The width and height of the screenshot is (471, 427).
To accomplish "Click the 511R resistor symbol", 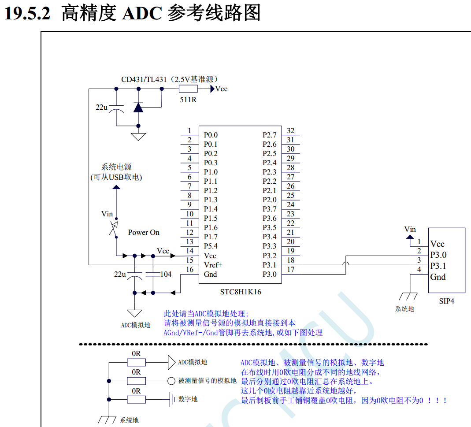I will click(x=188, y=89).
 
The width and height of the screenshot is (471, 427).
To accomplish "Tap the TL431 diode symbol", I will click(x=139, y=107).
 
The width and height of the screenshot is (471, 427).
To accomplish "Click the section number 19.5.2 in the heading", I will click(x=27, y=14).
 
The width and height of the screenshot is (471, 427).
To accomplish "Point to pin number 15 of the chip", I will click(x=189, y=260).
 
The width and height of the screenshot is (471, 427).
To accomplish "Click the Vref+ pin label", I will click(x=213, y=265).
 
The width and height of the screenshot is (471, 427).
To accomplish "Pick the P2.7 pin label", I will click(x=270, y=135).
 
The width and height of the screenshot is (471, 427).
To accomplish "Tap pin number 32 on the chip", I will click(x=290, y=130).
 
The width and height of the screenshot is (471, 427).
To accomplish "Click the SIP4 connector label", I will click(x=446, y=301).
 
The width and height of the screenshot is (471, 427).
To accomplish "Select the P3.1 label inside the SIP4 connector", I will click(x=438, y=266).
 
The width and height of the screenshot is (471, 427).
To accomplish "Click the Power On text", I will click(x=144, y=232).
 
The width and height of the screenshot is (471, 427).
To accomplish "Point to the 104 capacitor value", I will click(x=166, y=274).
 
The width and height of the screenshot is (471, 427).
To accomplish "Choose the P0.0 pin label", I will click(x=211, y=135).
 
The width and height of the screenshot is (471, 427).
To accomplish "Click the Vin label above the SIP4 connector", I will click(x=410, y=229).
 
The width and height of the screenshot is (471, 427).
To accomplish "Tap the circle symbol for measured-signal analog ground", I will click(x=171, y=381).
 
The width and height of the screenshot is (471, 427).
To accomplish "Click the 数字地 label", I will click(x=188, y=399).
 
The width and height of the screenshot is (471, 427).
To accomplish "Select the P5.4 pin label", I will click(x=211, y=246).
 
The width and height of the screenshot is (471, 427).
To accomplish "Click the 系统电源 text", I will click(x=116, y=167).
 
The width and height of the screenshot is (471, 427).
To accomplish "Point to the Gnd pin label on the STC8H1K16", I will click(x=211, y=274).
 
